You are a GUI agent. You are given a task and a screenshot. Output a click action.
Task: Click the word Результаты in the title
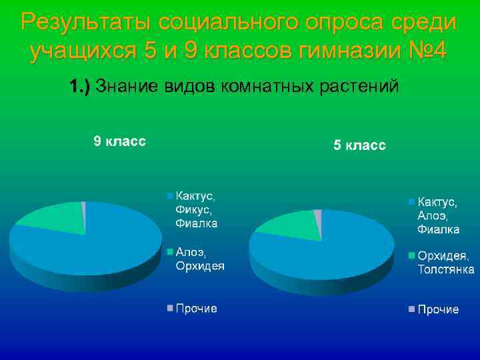pyautogui.click(x=84, y=22)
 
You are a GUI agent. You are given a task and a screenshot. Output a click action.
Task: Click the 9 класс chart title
pyautogui.click(x=119, y=141)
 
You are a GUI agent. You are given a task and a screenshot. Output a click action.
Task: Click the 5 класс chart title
pyautogui.click(x=359, y=146)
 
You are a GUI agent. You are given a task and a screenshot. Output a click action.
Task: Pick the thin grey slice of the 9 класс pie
pyautogui.click(x=83, y=208)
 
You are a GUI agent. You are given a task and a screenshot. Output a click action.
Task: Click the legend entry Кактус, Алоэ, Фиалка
pyautogui.click(x=437, y=215)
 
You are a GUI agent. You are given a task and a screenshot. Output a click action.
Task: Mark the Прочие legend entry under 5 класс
pyautogui.click(x=437, y=309)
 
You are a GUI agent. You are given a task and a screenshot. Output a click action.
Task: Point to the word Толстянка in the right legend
pyautogui.click(x=445, y=269)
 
